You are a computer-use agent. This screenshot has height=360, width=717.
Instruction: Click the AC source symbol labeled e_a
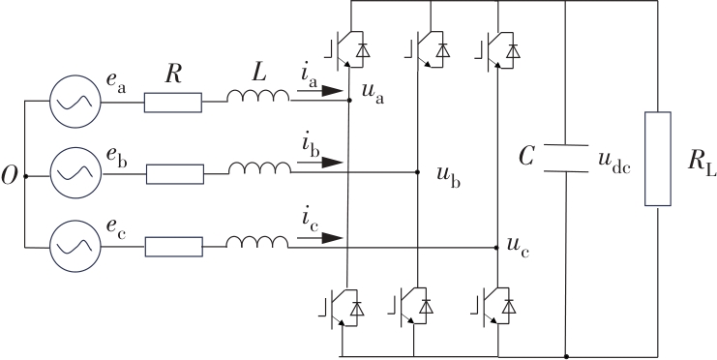coord(75,101)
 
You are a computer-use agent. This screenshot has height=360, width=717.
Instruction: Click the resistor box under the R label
coord(173,103)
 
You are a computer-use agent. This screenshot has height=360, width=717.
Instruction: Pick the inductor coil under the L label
coord(258,96)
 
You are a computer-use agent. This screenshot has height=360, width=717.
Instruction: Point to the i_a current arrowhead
coord(333,91)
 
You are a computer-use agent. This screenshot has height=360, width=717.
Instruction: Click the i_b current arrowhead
coord(333,163)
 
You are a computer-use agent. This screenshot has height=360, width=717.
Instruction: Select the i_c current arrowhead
coord(333,238)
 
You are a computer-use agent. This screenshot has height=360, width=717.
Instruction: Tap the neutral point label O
coord(9,176)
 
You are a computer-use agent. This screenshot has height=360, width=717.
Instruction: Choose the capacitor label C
coord(526,157)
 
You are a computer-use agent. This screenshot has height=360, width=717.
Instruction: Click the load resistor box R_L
coord(658,159)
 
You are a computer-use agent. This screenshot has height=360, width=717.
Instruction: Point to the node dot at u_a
coord(349,100)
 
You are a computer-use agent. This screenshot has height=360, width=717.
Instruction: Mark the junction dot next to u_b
coord(417,172)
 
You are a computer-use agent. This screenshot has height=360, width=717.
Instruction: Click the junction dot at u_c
coord(496,248)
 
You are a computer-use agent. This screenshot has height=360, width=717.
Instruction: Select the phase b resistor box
coord(175,174)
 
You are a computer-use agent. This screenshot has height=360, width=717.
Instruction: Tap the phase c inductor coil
coord(257,242)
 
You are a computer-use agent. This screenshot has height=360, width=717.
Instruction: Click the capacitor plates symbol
coord(566,159)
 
